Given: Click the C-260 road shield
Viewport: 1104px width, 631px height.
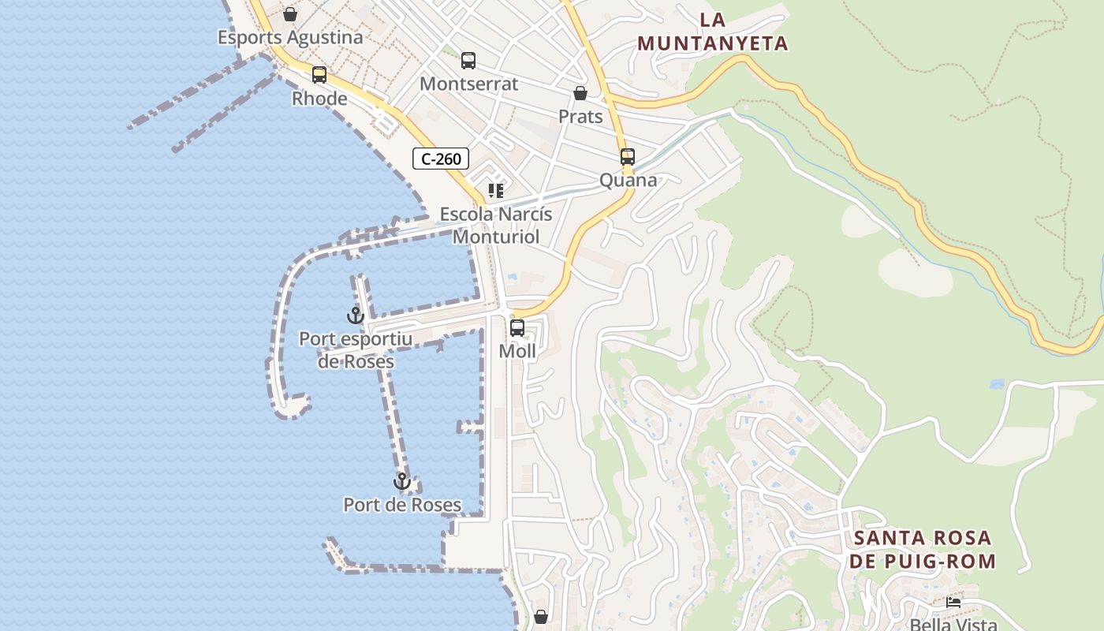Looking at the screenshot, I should point(441,159).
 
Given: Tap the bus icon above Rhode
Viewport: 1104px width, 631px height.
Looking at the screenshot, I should point(319,75).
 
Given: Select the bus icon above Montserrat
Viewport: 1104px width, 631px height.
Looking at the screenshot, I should point(468,60).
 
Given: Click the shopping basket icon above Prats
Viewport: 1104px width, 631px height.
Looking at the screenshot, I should point(580,93).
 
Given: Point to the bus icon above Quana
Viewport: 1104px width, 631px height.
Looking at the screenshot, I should point(628,156).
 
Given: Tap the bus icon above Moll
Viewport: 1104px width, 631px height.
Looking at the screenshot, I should point(517,327).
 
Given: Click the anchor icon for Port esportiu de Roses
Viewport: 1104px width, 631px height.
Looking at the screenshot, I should point(356,315).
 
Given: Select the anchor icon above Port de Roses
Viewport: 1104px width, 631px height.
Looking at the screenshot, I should point(402,481).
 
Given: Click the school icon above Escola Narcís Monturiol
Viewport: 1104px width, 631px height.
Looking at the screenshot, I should point(496,191).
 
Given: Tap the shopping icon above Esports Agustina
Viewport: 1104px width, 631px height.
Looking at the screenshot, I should point(290,14).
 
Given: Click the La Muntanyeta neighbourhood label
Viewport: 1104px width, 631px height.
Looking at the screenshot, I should point(713,32).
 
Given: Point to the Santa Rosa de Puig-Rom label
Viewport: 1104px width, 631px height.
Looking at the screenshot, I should point(922,550).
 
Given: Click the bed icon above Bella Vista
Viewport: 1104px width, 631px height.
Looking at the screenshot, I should point(953,603).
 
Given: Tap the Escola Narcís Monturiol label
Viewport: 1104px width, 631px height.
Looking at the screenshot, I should point(496,226).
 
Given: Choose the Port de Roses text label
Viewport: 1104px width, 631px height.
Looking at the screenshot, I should point(402,505).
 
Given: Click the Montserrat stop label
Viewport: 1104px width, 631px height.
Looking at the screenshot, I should point(468,84).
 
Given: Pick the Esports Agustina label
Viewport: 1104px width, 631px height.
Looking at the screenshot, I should point(290,37).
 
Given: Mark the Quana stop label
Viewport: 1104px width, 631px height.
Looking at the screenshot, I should point(628,180).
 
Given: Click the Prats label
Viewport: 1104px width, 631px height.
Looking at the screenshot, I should point(580,117).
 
